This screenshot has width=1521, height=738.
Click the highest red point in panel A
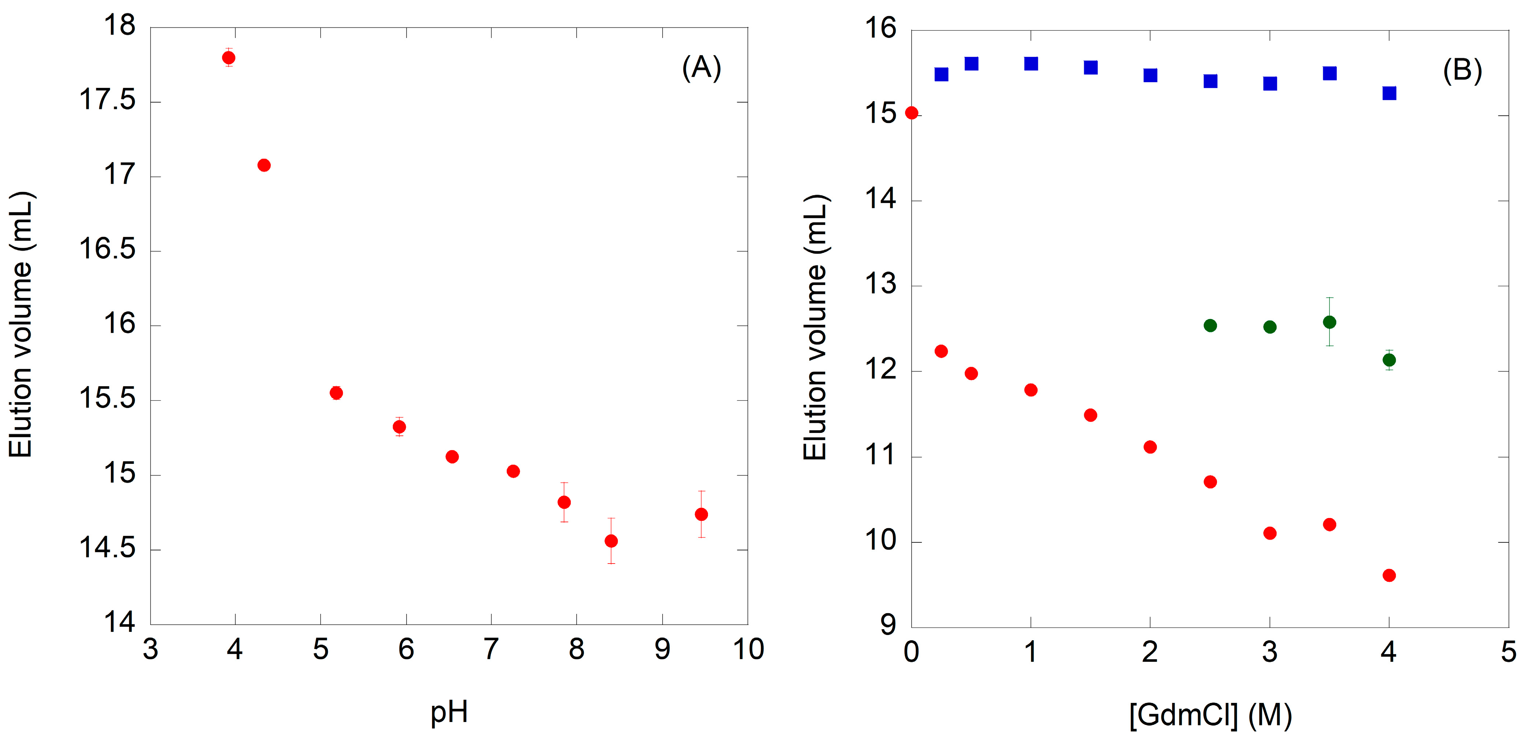pyautogui.click(x=228, y=57)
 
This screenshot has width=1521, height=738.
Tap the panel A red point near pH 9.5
pyautogui.click(x=701, y=514)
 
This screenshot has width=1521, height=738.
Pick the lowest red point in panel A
pyautogui.click(x=611, y=541)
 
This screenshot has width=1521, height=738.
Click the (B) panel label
pyautogui.click(x=1462, y=71)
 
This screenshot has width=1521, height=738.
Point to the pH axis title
pyautogui.click(x=449, y=711)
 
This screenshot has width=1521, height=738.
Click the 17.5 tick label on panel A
pyautogui.click(x=107, y=100)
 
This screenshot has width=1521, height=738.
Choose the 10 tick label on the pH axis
pyautogui.click(x=748, y=649)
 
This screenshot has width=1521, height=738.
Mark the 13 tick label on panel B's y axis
pyautogui.click(x=880, y=285)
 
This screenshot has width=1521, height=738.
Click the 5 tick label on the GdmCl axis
pyautogui.click(x=1509, y=652)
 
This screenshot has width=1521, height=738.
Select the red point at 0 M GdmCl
pyautogui.click(x=912, y=113)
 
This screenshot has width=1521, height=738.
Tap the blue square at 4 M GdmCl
pyautogui.click(x=1389, y=93)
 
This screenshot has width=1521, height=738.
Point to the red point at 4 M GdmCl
pyautogui.click(x=1389, y=576)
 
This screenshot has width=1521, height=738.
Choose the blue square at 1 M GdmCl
pyautogui.click(x=1031, y=64)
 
